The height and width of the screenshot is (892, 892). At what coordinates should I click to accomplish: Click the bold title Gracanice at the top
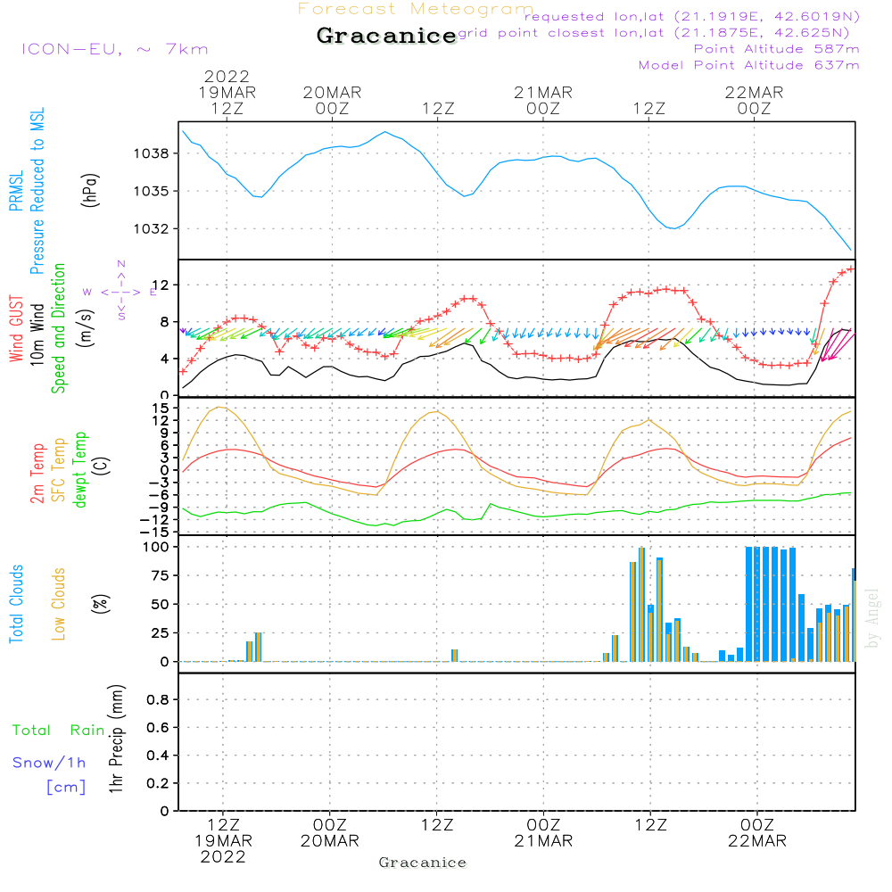pos(386,37)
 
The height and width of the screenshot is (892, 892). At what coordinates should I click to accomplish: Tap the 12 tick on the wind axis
pos(162,285)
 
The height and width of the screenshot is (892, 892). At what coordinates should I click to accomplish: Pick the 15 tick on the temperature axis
pos(161,408)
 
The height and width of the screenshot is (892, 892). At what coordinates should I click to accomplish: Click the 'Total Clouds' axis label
pos(16,604)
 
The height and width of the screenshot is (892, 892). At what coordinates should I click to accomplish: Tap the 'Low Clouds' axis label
pos(59,604)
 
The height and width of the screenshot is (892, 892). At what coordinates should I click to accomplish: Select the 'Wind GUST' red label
pos(16,330)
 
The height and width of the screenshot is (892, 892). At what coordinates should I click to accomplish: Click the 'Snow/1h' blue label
pos(49,763)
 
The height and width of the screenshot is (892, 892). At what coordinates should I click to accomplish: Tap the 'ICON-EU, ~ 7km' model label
pos(114,49)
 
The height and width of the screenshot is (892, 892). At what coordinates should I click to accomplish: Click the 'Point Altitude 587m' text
pos(776,49)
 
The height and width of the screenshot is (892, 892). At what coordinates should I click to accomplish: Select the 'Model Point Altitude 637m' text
pos(749,65)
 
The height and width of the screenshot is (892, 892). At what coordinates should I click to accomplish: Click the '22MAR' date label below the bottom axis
pos(756,841)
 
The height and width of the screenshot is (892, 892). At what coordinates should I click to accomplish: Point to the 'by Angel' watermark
pos(872,618)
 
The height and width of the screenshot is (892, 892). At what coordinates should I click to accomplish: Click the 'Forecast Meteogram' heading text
pos(416,10)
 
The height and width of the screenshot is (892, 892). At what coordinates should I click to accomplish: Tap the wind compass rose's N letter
pos(121,264)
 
